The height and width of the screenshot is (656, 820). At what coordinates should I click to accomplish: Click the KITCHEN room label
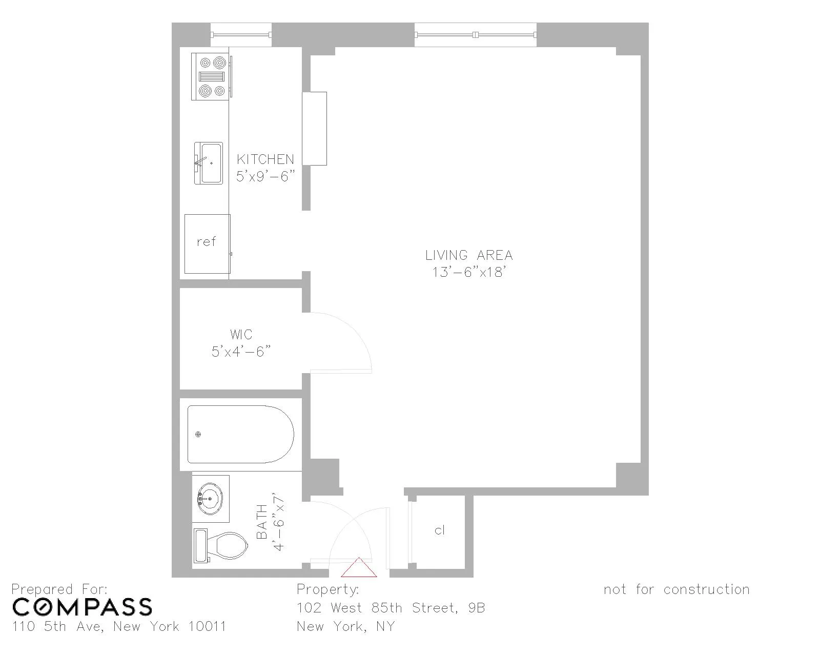265,159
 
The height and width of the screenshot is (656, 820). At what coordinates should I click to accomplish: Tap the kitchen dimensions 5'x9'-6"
266,176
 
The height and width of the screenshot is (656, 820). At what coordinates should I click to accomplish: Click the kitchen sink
209,163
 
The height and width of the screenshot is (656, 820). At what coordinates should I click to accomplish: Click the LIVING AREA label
468,255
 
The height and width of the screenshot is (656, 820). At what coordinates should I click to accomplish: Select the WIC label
241,335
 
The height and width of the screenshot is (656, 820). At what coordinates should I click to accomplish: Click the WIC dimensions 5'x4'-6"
241,352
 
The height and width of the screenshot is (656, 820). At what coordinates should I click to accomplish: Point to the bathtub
240,435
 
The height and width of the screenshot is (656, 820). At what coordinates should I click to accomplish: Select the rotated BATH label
262,522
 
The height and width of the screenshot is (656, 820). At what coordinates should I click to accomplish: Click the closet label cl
440,530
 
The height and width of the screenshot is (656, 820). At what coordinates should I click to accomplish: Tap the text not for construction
676,589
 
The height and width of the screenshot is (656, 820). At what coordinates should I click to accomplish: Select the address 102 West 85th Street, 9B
391,608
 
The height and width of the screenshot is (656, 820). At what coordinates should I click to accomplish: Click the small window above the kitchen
241,35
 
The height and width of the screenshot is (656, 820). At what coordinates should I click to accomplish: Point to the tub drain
198,435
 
